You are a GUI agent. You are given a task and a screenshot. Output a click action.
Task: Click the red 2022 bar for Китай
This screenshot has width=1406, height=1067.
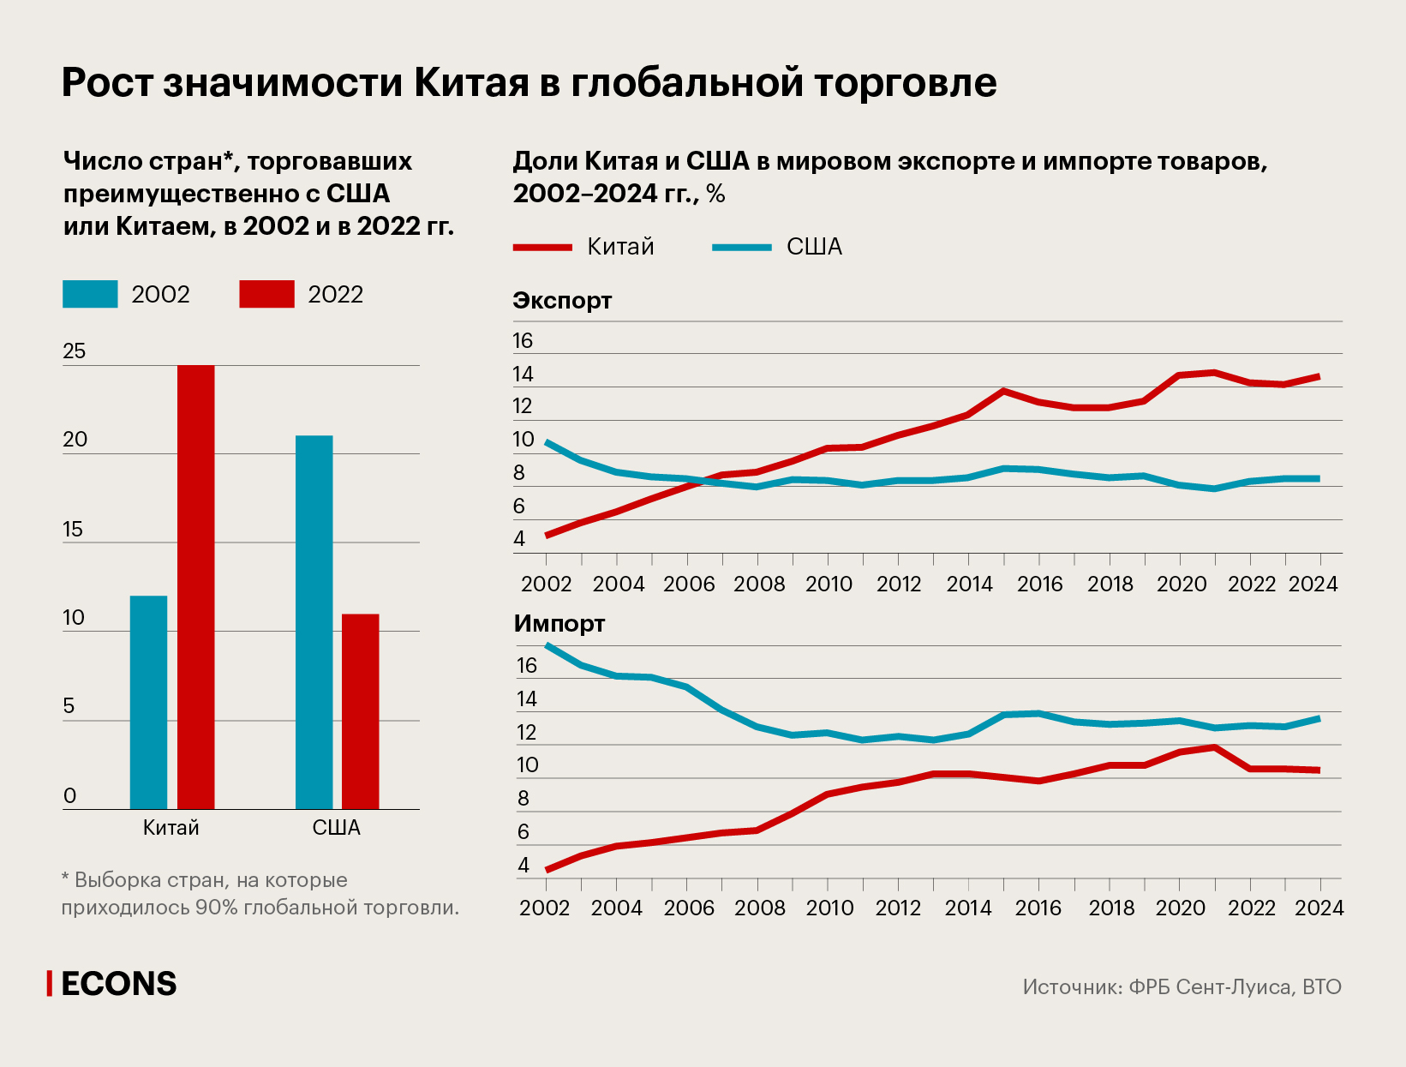[x=195, y=587]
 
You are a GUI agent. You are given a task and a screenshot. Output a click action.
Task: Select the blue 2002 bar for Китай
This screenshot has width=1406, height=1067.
[x=148, y=702]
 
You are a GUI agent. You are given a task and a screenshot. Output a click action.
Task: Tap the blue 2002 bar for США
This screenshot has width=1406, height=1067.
[x=314, y=622]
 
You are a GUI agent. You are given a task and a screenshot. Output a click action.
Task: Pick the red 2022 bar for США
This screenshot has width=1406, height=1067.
[x=360, y=711]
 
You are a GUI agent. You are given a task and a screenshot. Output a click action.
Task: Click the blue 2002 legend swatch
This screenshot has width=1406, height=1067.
[x=90, y=294]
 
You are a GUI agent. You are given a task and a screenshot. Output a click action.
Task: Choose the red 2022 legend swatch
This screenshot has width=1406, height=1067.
[x=266, y=294]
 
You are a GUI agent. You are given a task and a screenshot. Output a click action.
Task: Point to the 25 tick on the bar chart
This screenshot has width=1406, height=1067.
[x=75, y=351]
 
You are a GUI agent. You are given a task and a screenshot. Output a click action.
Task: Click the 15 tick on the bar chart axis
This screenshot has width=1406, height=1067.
[x=74, y=529]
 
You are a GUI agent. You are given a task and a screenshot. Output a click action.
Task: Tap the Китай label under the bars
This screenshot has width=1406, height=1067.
[x=171, y=828]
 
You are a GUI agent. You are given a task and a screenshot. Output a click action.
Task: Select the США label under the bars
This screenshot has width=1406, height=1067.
[x=337, y=828]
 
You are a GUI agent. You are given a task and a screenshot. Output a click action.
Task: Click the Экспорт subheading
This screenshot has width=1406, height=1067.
[x=562, y=301]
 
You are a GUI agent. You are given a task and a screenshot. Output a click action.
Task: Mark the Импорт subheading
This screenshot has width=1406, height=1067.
[x=559, y=624]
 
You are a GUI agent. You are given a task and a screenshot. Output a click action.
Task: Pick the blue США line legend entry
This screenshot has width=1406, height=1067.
[x=777, y=247]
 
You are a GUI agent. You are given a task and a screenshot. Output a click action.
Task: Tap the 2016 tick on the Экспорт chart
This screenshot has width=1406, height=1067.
[x=1039, y=584]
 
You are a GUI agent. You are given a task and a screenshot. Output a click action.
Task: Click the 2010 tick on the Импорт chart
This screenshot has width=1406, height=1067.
[x=829, y=908]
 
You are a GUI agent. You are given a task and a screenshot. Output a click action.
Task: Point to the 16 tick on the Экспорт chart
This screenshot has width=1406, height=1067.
[x=523, y=341]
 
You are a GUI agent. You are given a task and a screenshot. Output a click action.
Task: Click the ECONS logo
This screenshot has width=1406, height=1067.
[x=113, y=984]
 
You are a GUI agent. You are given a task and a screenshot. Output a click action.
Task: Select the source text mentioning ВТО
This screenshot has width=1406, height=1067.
[x=1182, y=987]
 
